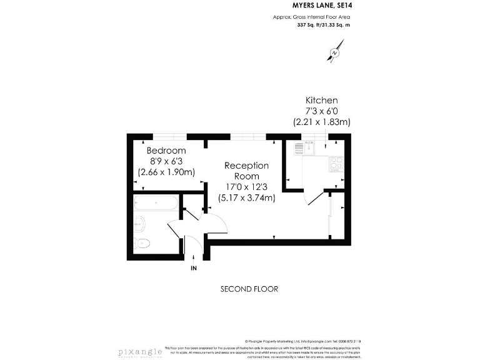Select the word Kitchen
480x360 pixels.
[x=321, y=100]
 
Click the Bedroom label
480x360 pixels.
[x=166, y=151]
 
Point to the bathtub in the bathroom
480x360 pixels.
[x=155, y=204]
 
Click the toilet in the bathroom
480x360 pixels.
[x=143, y=242]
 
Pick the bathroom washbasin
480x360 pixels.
[x=140, y=222]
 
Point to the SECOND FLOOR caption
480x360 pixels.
[x=249, y=289]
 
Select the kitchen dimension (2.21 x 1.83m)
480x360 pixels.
[x=321, y=122]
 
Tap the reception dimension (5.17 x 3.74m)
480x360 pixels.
[x=247, y=198]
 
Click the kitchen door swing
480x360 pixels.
[x=316, y=199]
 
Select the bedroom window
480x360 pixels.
[x=171, y=136]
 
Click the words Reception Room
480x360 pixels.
[x=247, y=171]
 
